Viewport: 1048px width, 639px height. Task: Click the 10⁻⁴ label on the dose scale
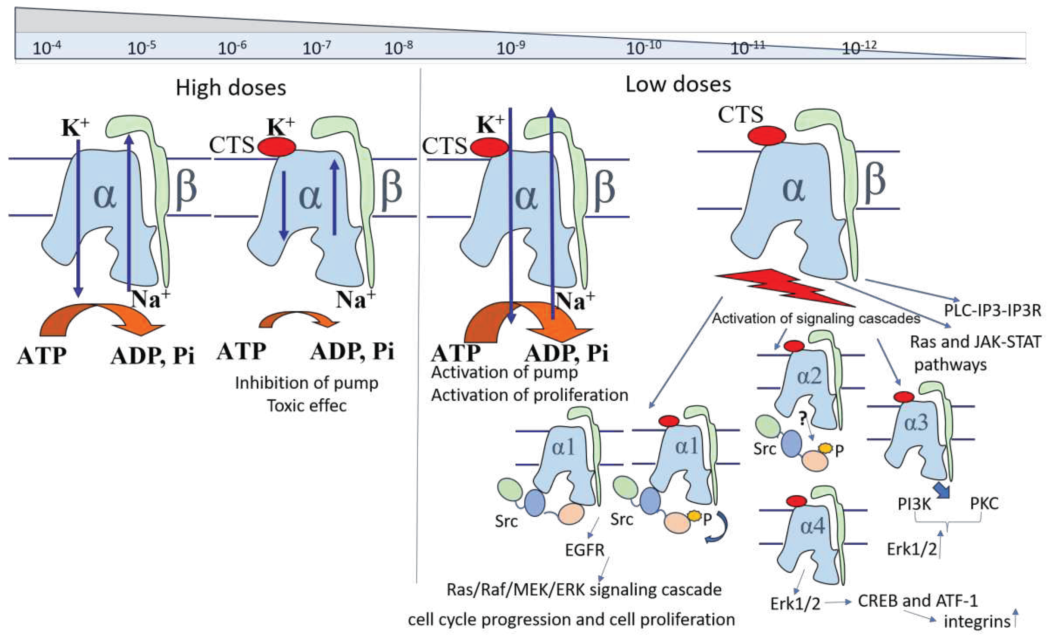coord(47,47)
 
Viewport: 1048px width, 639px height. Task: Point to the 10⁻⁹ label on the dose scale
coord(510,47)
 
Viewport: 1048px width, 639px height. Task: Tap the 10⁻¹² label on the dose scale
coord(859,47)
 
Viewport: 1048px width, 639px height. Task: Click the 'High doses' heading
coord(231,88)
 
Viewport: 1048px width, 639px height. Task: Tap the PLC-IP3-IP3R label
coord(992,310)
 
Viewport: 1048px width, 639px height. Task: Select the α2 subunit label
coord(809,376)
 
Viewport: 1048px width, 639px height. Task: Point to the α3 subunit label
coord(916,423)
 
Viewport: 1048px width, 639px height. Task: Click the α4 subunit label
coord(812,527)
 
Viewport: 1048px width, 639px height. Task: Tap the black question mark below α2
coord(802,419)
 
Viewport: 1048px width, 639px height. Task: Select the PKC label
coord(984,504)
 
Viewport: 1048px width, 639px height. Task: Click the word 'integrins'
coord(977,622)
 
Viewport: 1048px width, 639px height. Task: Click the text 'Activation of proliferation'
coord(530,395)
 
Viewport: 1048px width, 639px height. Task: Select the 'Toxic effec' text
coord(307,406)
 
